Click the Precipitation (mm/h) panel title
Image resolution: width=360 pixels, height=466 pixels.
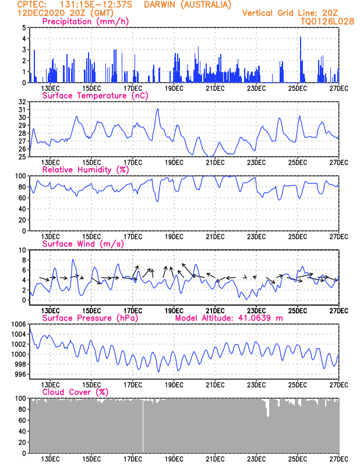click(85, 22)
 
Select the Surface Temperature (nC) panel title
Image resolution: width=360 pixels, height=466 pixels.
click(95, 96)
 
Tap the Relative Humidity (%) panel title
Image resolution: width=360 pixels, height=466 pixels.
click(86, 170)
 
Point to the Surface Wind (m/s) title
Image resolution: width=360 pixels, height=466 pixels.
click(83, 244)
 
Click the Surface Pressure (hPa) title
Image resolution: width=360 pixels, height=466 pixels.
click(90, 318)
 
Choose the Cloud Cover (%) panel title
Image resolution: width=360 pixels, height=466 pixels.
click(76, 392)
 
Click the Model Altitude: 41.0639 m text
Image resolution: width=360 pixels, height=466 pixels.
click(229, 318)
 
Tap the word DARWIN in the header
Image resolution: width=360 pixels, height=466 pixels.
click(160, 5)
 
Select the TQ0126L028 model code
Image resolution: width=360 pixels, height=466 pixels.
click(327, 22)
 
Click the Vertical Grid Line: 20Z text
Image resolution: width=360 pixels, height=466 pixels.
click(290, 13)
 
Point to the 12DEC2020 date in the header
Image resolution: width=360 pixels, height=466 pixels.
click(41, 13)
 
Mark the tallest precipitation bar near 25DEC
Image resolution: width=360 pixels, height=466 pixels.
click(301, 60)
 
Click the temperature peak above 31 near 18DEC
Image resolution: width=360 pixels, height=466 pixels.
click(158, 109)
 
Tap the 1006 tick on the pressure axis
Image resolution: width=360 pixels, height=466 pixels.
click(19, 324)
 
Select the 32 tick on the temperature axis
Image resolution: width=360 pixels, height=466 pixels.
click(22, 102)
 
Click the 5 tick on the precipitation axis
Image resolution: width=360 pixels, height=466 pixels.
click(24, 28)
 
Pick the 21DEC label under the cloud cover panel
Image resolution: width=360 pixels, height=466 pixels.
click(215, 459)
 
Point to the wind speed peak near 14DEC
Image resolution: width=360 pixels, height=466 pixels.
click(73, 260)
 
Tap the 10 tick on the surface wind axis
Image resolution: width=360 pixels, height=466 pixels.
click(22, 250)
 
